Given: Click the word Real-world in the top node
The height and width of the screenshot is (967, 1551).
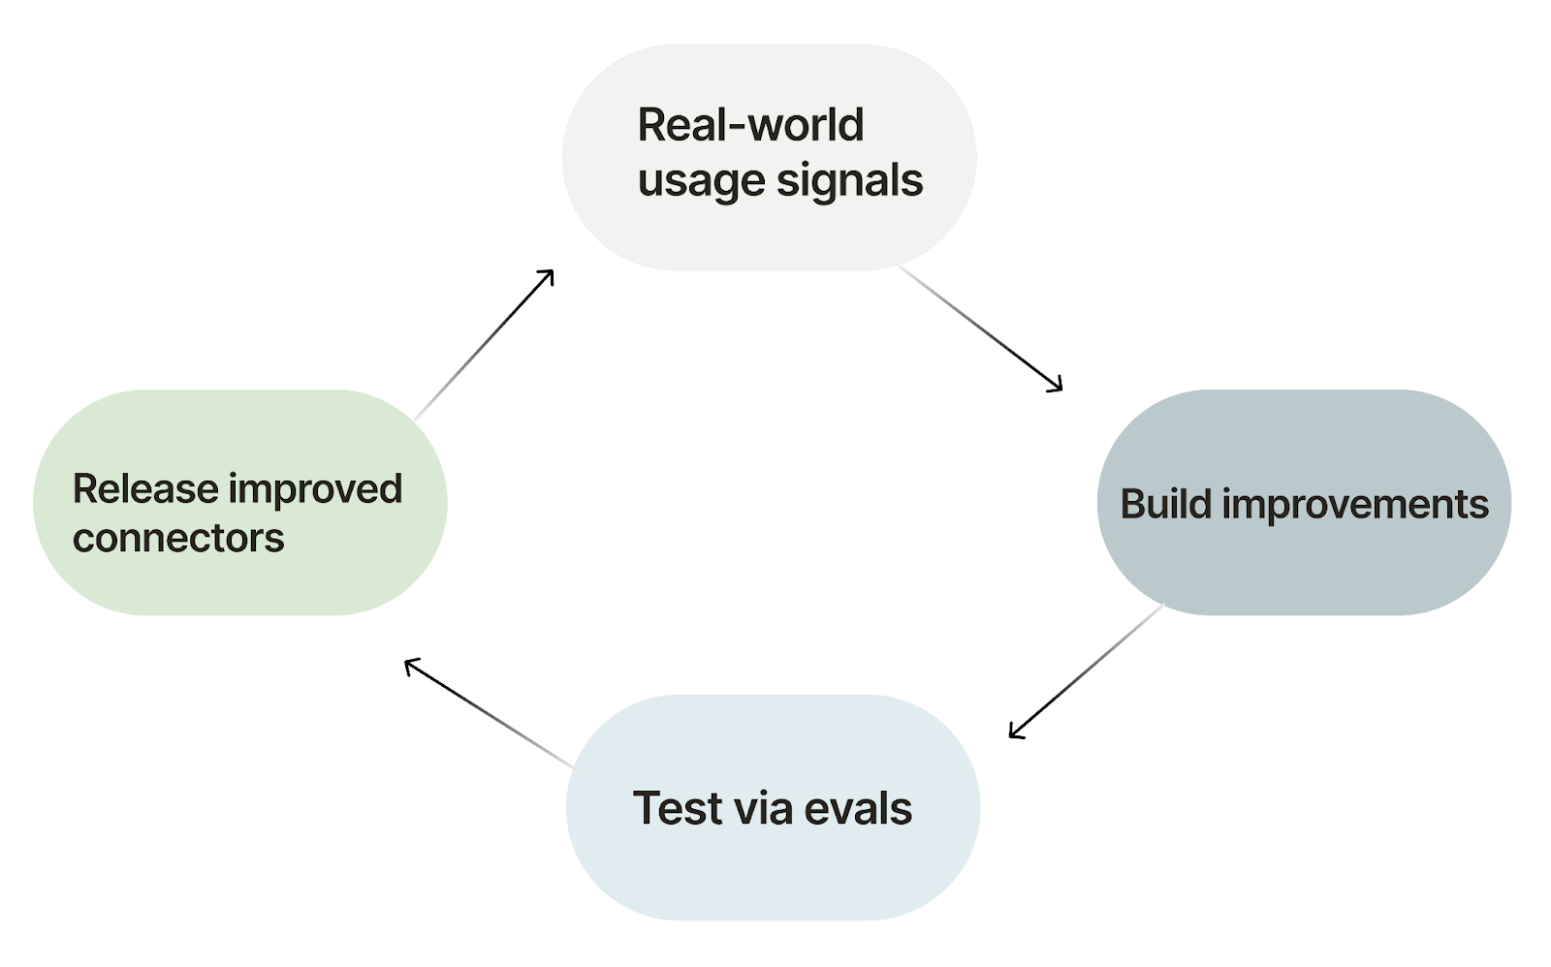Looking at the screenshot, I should (x=749, y=125).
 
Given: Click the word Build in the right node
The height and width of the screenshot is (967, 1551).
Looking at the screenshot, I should (x=1165, y=504).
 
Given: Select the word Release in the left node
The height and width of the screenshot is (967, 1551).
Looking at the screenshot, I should (x=144, y=488).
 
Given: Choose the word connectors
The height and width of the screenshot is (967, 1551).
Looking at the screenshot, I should (x=178, y=538).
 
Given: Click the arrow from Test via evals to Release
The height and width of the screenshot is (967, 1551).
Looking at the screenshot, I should (x=490, y=714).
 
